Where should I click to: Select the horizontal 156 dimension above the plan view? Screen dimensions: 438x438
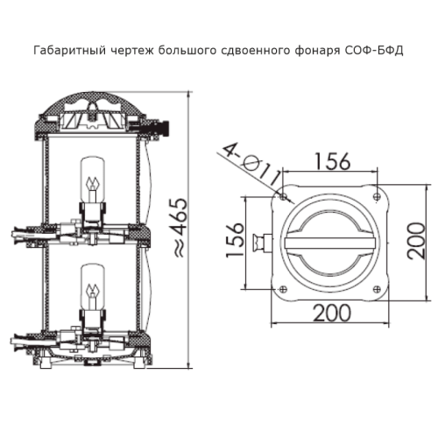tap(332, 161)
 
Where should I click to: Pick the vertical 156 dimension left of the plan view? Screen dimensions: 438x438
tap(236, 240)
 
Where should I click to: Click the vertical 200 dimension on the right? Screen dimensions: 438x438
tap(417, 241)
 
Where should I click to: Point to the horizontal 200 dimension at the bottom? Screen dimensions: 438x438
tap(332, 313)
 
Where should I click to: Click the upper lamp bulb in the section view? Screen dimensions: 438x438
tap(93, 180)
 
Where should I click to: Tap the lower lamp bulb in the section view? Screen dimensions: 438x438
tap(93, 287)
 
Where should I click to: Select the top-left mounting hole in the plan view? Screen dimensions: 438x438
tap(283, 197)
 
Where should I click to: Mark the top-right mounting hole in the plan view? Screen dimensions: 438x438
tap(378, 197)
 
